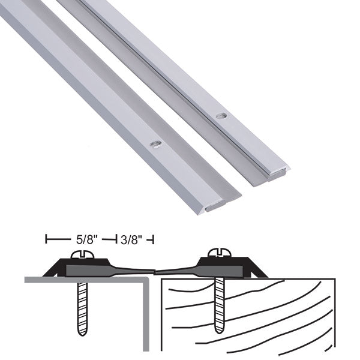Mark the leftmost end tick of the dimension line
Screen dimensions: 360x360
47,240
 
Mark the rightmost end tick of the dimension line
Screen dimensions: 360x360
154,240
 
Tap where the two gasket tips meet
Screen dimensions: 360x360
155,272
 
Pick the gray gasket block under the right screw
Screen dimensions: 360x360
222,271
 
